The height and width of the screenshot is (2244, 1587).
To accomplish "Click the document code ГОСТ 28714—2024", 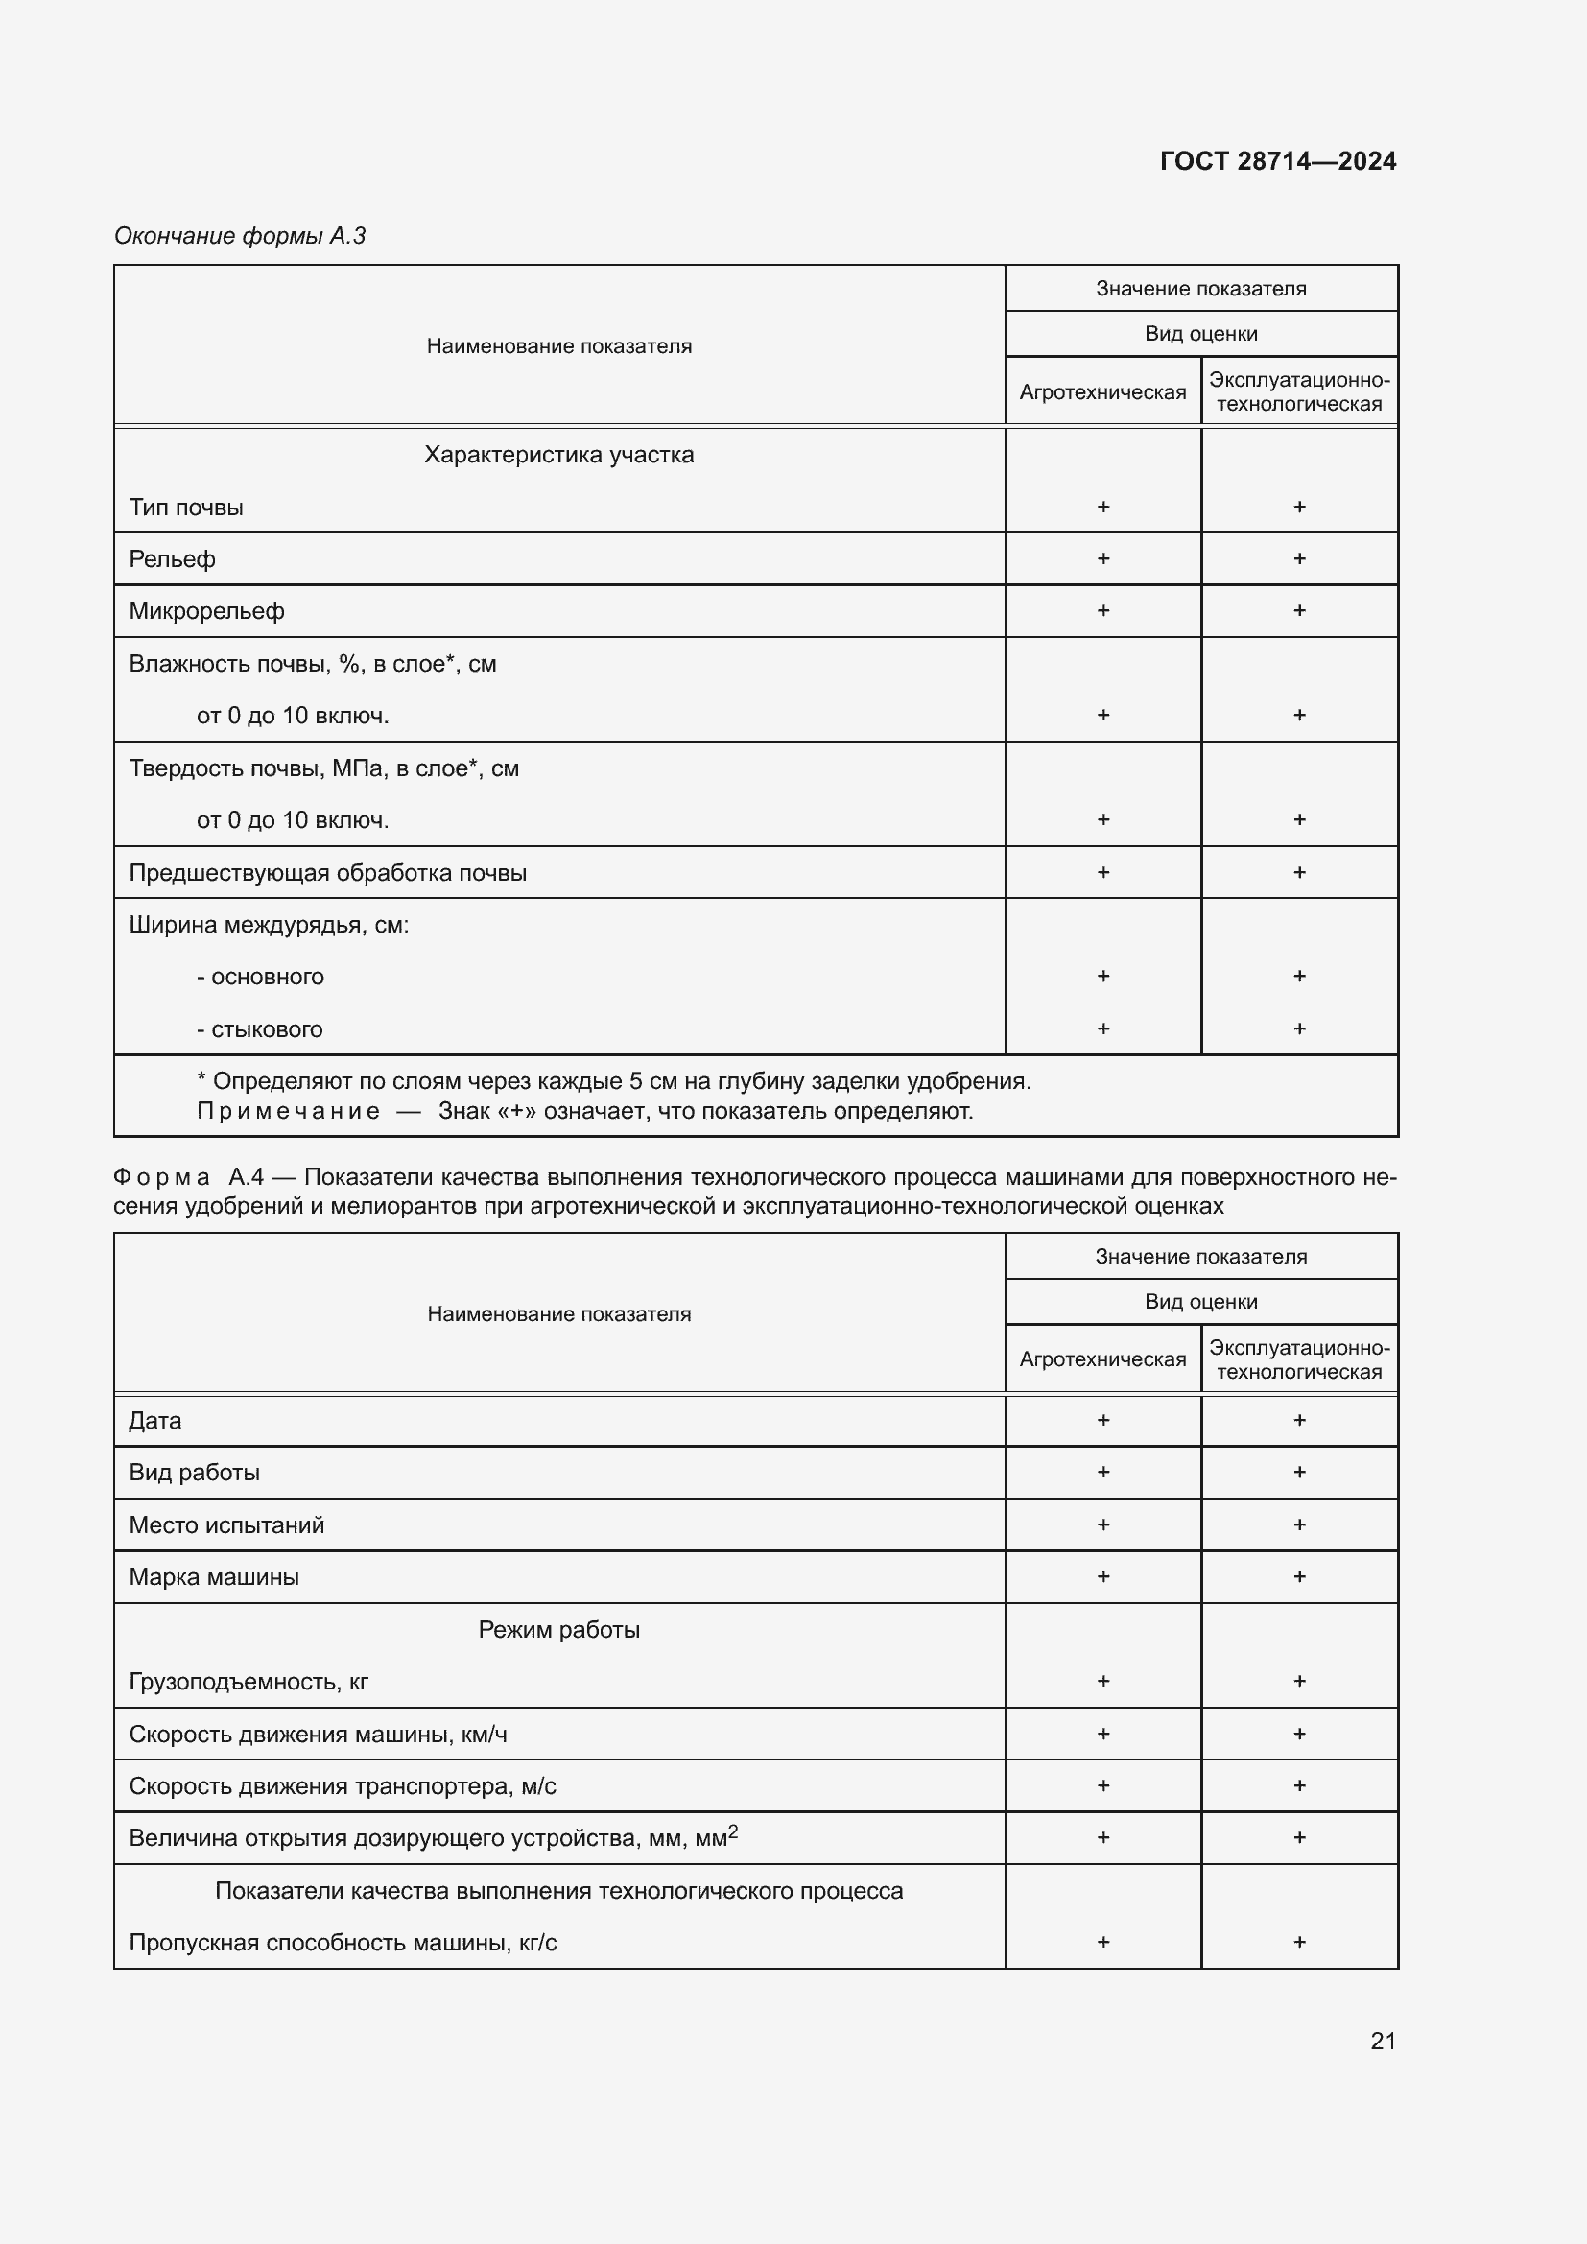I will pos(1277,161).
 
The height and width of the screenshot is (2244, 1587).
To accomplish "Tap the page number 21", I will pos(1383,2041).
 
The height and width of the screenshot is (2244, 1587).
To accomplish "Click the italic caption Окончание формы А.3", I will pos(240,236).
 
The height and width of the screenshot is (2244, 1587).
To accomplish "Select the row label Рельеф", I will pos(172,559).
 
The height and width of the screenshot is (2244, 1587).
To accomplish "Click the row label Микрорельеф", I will pos(206,611).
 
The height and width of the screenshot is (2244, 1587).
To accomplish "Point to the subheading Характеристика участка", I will pos(559,455).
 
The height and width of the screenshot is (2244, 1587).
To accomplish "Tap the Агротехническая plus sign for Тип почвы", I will pos(1103,507).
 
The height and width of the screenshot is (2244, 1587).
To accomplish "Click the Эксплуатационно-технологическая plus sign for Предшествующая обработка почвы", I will pos(1299,872).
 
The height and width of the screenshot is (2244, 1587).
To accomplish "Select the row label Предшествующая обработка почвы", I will pos(327,873).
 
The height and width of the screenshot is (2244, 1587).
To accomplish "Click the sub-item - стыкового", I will pos(260,1029).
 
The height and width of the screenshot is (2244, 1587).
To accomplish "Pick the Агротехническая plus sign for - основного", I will pos(1103,976).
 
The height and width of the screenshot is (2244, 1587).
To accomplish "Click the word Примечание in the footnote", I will pos(288,1111).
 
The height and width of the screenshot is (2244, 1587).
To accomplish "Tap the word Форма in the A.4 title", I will pos(161,1177).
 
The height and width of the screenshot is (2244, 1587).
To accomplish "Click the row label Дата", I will pos(155,1420).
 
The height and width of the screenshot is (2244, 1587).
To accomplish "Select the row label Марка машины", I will pos(214,1576).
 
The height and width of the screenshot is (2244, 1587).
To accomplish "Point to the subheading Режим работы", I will pos(559,1629).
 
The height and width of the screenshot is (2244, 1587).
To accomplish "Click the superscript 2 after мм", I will pos(734,1831).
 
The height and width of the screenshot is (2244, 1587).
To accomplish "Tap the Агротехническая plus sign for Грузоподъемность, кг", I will pos(1103,1681).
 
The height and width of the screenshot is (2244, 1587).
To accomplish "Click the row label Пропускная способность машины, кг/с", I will pos(343,1942).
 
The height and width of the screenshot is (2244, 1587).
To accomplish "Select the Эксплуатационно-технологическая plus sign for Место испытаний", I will pos(1299,1524).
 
